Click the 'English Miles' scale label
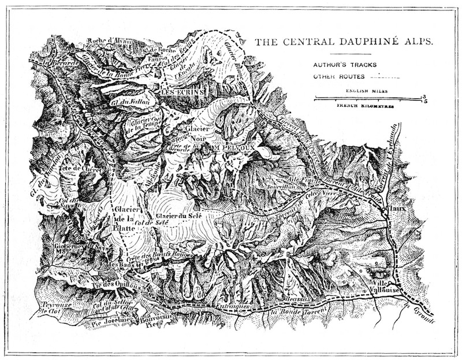coord(367,91)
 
